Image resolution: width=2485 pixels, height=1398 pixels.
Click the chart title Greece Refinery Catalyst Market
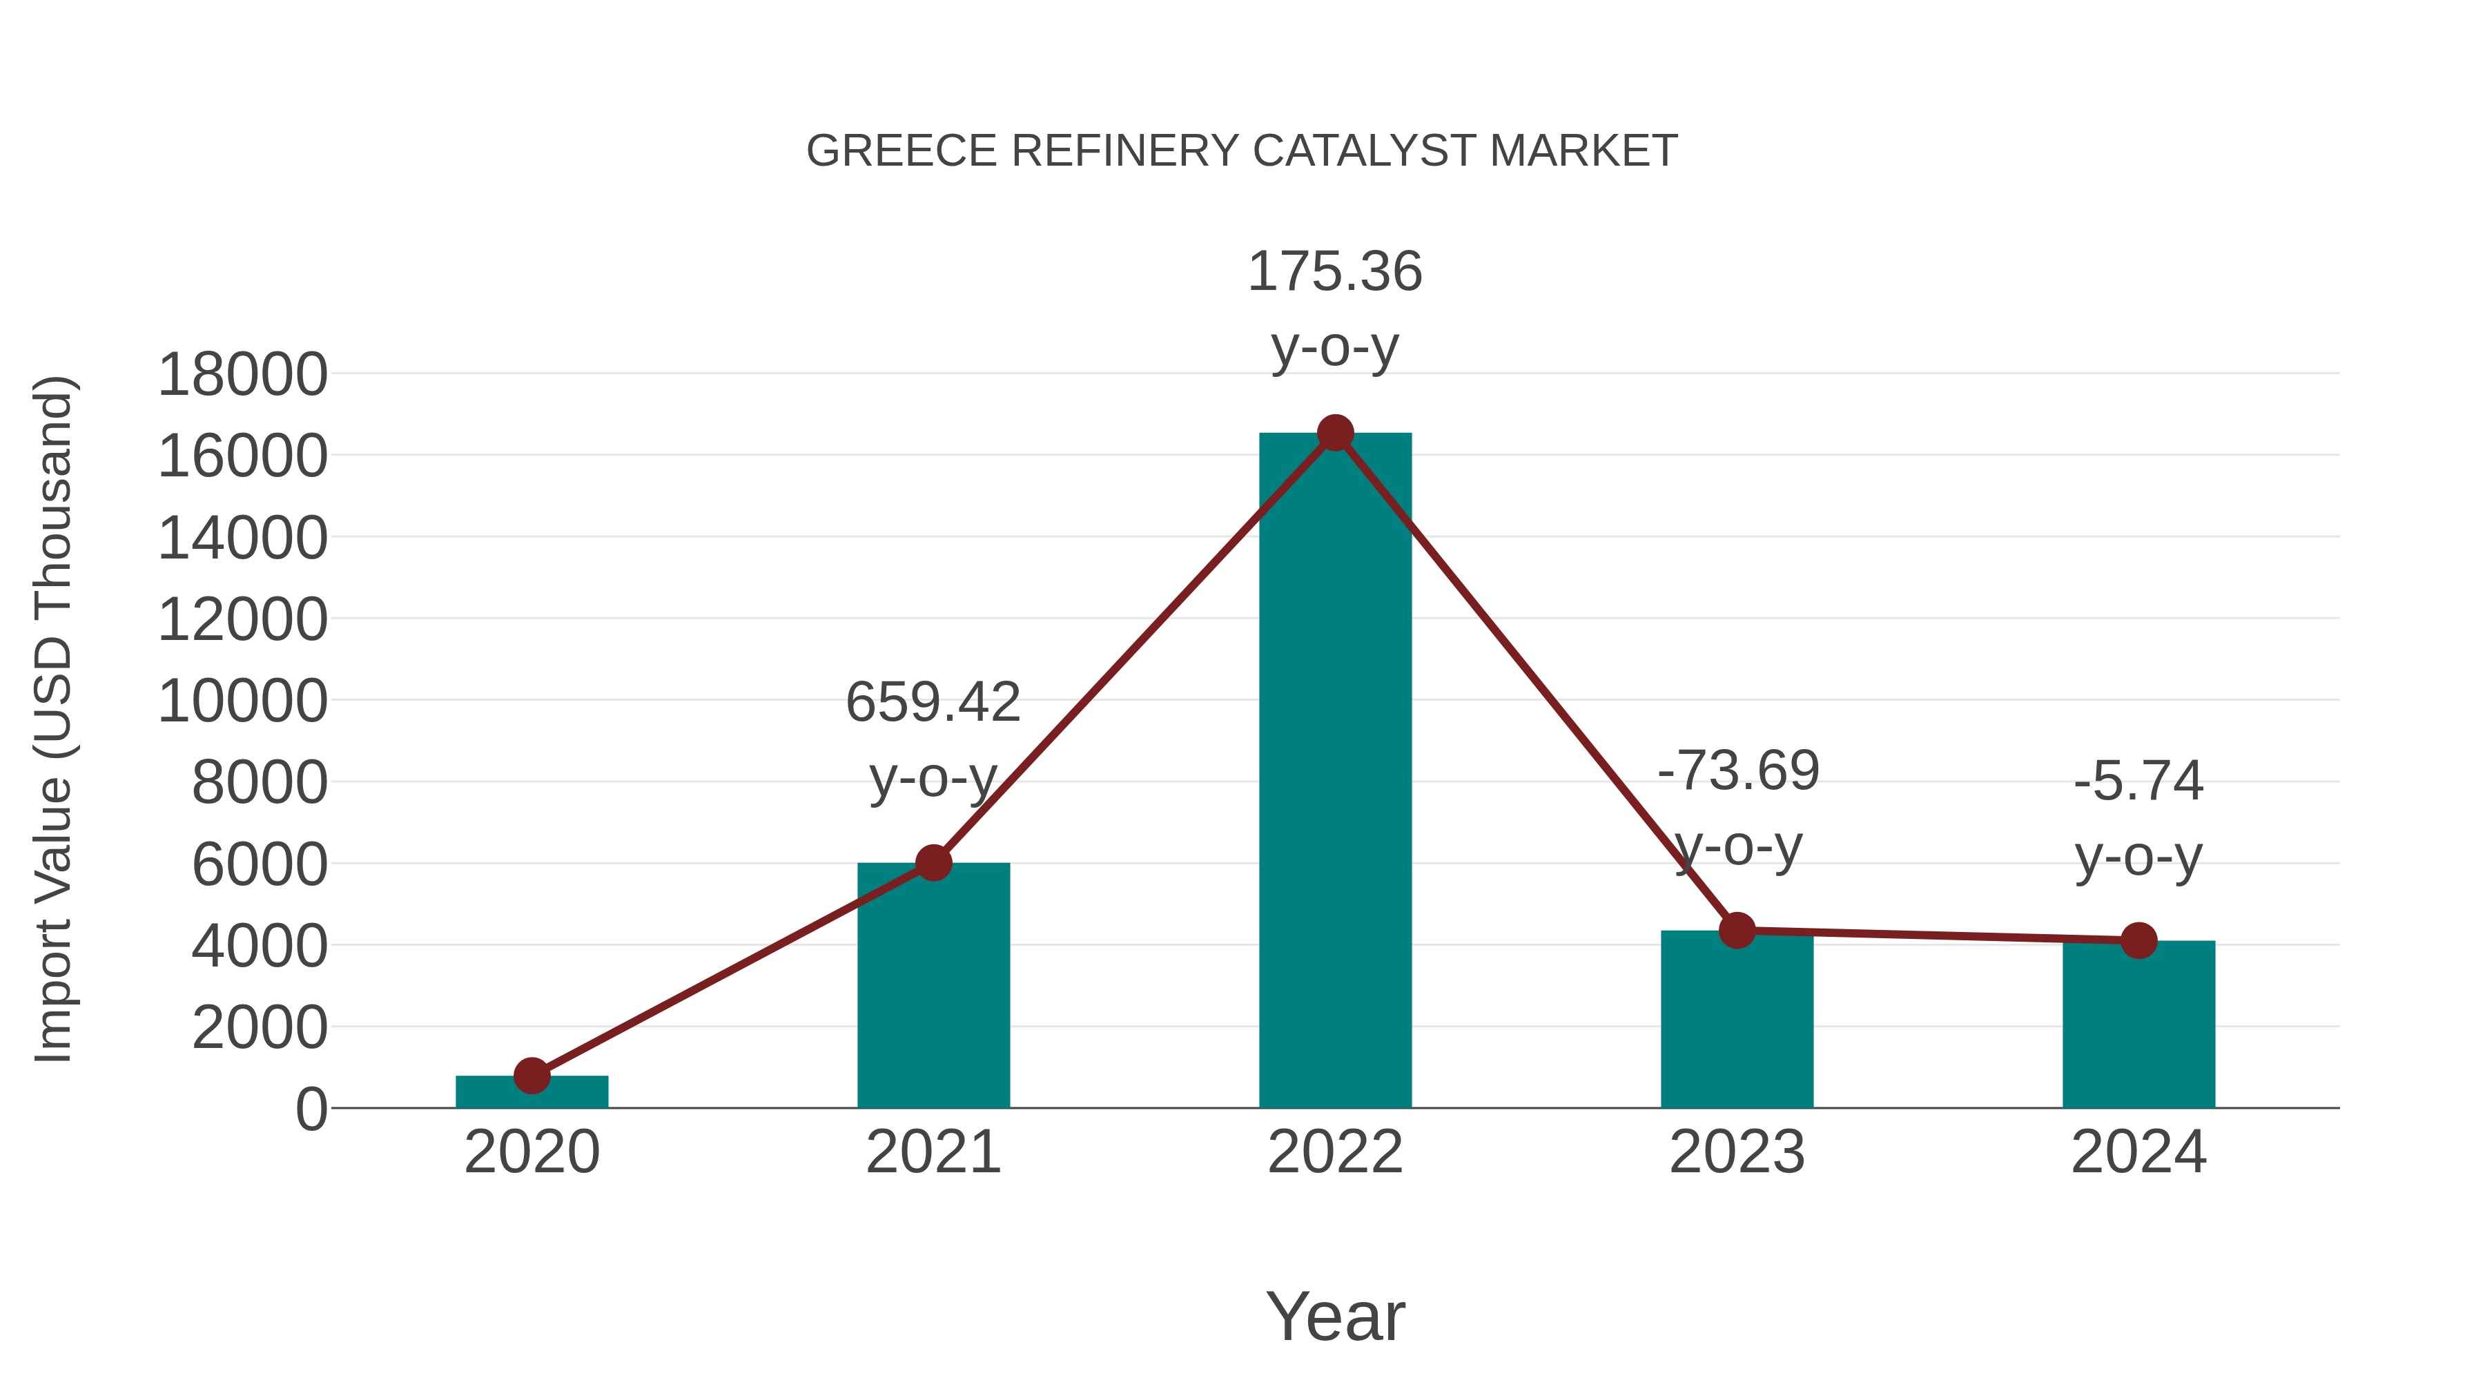tap(1242, 151)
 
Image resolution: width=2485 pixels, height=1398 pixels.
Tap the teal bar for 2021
tap(933, 993)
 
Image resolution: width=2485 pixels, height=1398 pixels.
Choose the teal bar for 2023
tap(1737, 1027)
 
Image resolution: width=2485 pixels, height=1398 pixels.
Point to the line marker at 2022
tap(1335, 433)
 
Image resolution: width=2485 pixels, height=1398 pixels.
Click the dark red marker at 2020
tap(532, 1075)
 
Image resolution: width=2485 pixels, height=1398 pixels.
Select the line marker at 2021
tap(933, 862)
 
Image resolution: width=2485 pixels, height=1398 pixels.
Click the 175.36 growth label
tap(1334, 272)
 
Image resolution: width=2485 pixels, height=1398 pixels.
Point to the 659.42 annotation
tap(932, 702)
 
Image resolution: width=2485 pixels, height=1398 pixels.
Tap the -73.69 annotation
tap(1737, 771)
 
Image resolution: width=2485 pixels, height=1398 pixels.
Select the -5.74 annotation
tap(2138, 781)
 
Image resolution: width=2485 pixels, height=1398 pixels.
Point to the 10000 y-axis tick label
tap(242, 701)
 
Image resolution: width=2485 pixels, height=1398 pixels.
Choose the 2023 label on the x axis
tap(1737, 1152)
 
